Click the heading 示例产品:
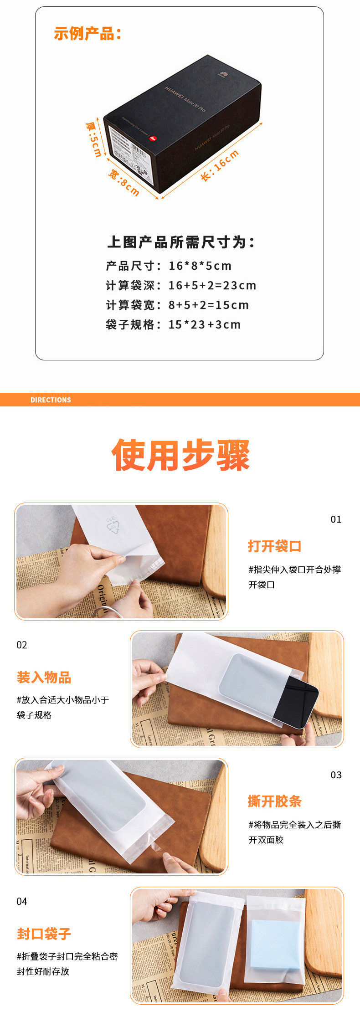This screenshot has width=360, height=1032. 87,34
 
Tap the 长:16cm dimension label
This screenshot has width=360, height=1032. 220,165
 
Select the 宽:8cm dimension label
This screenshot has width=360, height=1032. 123,183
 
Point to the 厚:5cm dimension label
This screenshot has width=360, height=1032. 94,139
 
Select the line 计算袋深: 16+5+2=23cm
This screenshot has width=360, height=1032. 181,286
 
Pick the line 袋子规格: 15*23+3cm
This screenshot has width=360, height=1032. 173,325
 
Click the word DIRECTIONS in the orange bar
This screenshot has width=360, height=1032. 51,400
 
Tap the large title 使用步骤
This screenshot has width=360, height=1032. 180,455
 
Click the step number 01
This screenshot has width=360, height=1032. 336,519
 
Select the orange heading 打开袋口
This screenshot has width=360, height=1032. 274,546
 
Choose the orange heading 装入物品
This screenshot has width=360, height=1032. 44,678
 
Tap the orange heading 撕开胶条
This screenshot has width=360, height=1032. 274,801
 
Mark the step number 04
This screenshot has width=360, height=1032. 22,901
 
